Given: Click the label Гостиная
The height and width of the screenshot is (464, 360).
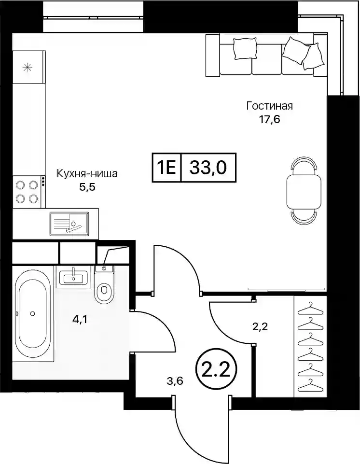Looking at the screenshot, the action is pos(269,106).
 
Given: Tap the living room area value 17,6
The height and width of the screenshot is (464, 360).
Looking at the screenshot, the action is pos(269,120).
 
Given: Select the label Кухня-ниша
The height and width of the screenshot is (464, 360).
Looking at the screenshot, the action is pos(87,173).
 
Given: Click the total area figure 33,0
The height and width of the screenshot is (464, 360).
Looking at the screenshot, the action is pos(208,168).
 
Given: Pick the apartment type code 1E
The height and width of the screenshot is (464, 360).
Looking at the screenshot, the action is pos(166,168).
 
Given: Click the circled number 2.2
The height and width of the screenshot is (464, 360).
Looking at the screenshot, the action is pos(215,369).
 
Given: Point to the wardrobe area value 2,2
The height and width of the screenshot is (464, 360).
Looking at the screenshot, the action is pos(260,327).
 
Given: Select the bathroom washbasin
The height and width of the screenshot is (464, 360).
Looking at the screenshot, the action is pos(73,278).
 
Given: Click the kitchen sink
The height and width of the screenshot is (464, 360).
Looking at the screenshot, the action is pos(69,224).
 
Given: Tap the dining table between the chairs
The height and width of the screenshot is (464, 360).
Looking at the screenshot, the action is pos(304,191).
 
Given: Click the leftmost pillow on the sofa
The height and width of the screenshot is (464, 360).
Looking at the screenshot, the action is pos(245,49).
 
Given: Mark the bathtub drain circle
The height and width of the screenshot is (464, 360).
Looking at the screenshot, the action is pos(32,313).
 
